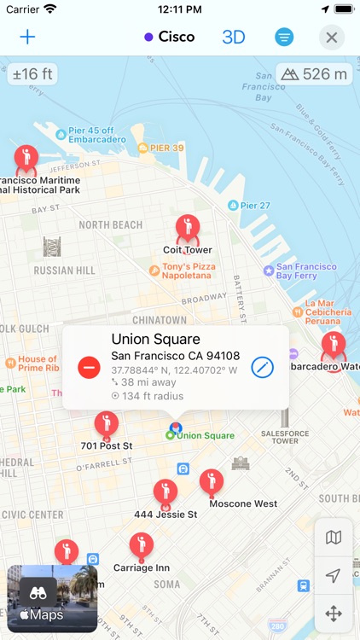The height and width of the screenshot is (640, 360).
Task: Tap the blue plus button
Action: (28, 37)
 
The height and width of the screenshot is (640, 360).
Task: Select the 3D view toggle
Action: (234, 37)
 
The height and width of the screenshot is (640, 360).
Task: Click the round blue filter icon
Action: (284, 37)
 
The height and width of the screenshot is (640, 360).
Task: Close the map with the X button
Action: (332, 37)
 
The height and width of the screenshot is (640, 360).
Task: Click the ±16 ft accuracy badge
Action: (32, 74)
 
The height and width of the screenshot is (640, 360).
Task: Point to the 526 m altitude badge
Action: (314, 74)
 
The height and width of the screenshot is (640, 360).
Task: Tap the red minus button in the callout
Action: (89, 367)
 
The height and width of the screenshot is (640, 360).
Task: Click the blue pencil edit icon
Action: (263, 367)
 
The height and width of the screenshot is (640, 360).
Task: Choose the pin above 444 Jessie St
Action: (165, 492)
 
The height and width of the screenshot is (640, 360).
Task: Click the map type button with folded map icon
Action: (334, 538)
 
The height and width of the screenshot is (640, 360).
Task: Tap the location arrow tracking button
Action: (334, 576)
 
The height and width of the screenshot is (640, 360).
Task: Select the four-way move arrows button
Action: (334, 614)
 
